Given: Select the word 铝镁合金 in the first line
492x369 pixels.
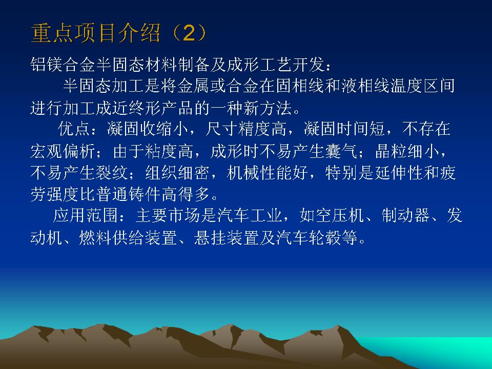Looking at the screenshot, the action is coord(63,65).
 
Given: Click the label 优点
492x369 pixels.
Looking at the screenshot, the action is coord(74,129).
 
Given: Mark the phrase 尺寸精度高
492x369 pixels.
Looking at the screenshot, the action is coord(245,129).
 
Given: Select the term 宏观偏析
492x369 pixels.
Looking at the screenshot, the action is coord(63,151).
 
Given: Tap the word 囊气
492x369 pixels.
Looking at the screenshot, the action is coord(341,151).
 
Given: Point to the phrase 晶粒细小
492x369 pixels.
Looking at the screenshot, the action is coord(407,151).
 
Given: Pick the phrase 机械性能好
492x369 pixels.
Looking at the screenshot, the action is coord(267,172).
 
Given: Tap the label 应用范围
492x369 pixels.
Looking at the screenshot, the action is coord(86,216).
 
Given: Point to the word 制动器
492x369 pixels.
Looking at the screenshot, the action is coord(406,216).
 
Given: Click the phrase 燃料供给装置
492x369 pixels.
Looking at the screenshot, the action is coord(128,237).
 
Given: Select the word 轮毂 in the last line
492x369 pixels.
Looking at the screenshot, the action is coord(325,237).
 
